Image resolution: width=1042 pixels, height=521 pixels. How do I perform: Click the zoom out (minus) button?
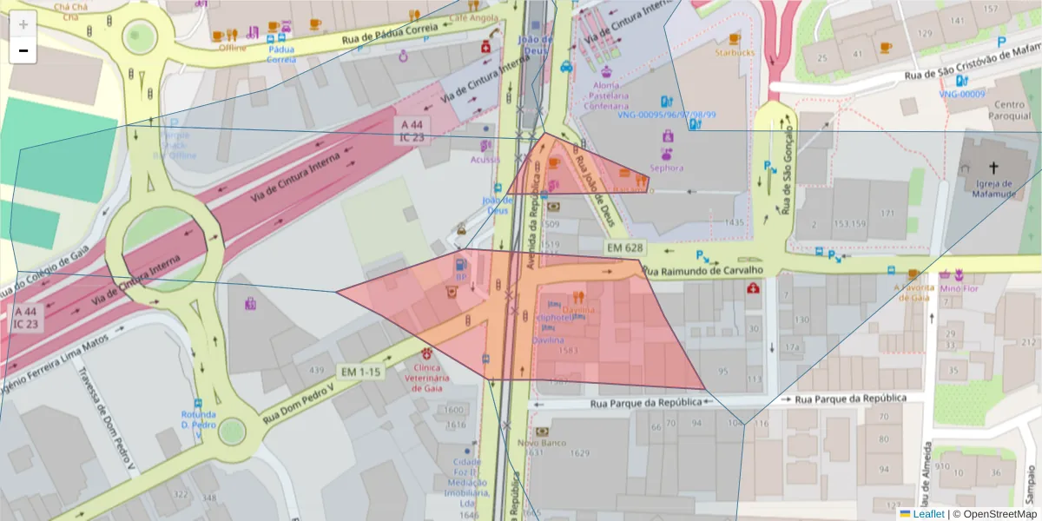[x=23, y=51]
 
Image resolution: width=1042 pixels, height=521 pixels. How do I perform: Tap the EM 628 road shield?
[x=625, y=248]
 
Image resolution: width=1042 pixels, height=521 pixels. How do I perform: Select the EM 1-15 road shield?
[x=360, y=372]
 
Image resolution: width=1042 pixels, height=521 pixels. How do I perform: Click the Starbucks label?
[x=735, y=53]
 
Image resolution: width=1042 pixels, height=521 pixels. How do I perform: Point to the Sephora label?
[x=666, y=168]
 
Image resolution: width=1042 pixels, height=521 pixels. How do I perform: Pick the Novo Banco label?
[x=542, y=443]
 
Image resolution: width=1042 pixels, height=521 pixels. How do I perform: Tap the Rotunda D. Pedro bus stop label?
[x=199, y=419]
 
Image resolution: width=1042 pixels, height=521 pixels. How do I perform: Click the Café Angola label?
[x=473, y=17]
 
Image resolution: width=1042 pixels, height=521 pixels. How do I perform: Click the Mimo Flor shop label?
[x=960, y=287]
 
